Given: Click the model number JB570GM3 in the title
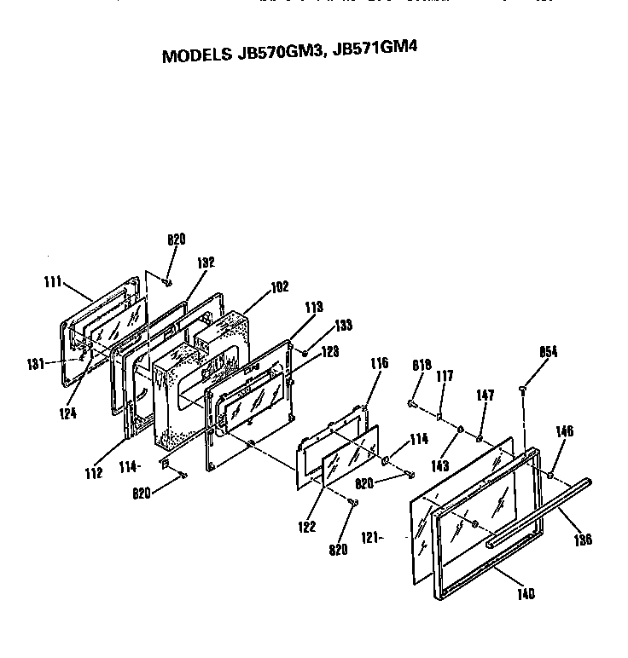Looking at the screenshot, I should [272, 53].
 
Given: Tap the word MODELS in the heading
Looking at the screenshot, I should [194, 56].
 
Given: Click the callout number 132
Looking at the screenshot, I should [206, 263].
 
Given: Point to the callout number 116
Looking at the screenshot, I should [378, 364].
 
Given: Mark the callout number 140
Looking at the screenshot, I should [526, 594].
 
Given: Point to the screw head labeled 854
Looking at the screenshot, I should [522, 390].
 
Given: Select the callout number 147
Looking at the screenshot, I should [486, 395].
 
